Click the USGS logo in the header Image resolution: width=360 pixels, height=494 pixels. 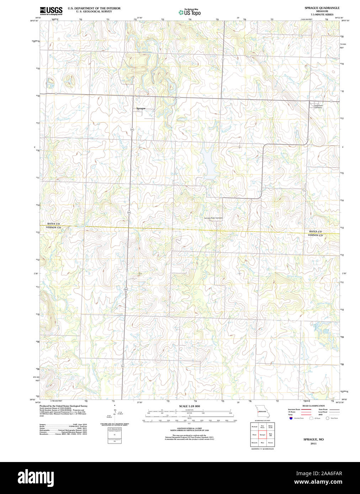tap(51, 10)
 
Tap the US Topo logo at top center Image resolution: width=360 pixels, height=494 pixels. tap(190, 12)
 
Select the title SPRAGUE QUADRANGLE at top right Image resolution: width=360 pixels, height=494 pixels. tap(322, 8)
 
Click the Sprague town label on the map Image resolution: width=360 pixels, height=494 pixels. tap(141, 108)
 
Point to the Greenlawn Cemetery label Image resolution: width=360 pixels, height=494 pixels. tap(318, 106)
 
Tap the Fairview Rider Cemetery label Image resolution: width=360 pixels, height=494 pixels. tap(213, 218)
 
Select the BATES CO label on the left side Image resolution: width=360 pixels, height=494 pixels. tap(53, 224)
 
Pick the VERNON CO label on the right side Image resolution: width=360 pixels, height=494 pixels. tap(315, 235)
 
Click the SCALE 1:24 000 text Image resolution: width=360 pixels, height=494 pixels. tap(189, 406)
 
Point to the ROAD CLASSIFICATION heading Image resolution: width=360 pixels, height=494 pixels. tap(313, 406)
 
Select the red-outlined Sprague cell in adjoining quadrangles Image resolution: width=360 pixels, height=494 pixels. tap(263, 434)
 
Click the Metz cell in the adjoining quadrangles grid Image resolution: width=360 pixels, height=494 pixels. tap(263, 442)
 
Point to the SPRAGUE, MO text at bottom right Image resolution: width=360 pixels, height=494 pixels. tap(313, 439)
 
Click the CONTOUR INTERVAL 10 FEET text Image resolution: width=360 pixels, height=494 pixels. tap(189, 428)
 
